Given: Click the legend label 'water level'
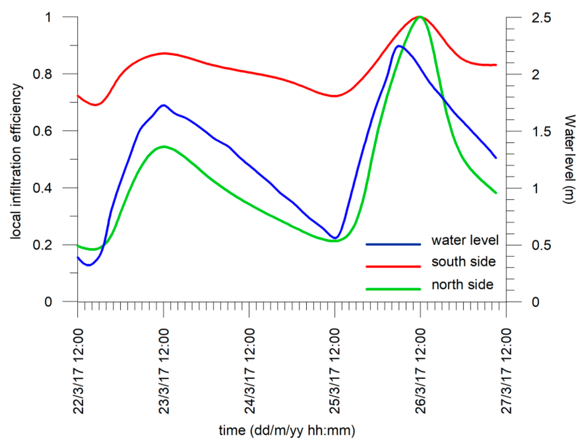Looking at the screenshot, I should [x=465, y=240].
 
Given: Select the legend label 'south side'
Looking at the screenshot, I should [x=463, y=262].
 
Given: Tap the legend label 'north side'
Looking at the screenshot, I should [x=462, y=285].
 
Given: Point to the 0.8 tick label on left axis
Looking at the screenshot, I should [x=42, y=74].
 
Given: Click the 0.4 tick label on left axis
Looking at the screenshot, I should [x=42, y=188].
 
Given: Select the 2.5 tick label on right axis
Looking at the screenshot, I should [x=541, y=18].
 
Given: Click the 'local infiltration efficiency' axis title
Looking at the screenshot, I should [x=16, y=161].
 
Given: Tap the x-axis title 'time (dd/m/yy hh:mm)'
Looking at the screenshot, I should [x=287, y=430].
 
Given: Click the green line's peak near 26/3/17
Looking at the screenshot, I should [x=420, y=17].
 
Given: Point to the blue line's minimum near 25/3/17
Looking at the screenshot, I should [x=335, y=238].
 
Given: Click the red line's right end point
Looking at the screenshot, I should [x=496, y=65].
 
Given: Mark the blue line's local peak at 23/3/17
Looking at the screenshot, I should [x=164, y=105].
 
